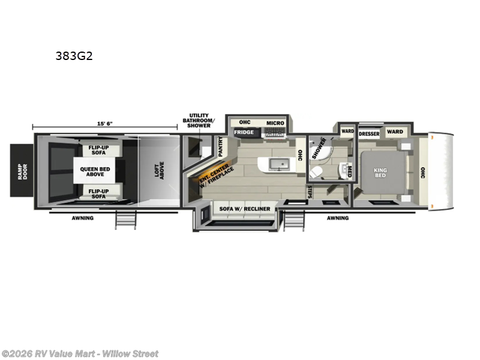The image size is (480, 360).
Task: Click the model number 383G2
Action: pos(74,56)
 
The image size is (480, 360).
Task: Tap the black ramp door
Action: pos(22,170)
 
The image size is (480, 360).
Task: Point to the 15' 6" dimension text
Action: pos(104,124)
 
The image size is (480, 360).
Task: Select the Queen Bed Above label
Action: pos(95,172)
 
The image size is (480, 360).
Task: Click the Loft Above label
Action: pos(159,170)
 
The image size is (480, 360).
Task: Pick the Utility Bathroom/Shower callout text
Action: pos(199,121)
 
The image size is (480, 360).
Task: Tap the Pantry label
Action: pos(220,146)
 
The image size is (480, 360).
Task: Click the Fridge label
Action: pos(244,132)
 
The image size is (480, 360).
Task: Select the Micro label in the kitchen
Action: pos(275,123)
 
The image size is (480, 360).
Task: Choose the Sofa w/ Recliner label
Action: pos(245,209)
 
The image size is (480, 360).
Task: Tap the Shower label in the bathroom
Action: pos(319,148)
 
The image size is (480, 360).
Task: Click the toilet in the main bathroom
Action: pos(316,172)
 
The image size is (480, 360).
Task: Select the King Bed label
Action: pos(380,173)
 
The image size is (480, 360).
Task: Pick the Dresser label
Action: pos(369,134)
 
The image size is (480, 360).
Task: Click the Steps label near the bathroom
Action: pos(310,191)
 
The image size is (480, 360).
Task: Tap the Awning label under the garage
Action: pos(83,218)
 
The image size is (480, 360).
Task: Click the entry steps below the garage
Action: pos(125,220)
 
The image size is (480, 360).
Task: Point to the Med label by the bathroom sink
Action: pos(350,172)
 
